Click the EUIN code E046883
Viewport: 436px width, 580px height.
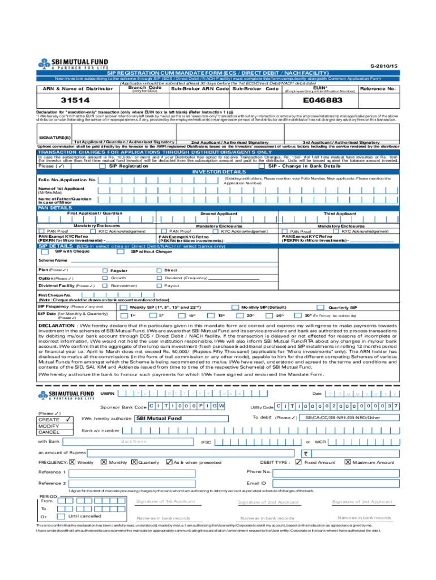323,100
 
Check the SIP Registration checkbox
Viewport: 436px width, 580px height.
102,167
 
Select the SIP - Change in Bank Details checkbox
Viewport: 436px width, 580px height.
262,167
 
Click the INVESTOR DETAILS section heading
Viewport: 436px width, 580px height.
219,172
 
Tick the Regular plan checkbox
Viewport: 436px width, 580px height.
105,271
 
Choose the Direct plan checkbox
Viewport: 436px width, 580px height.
159,271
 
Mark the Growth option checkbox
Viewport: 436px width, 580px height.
105,278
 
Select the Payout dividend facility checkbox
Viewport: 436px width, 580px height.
159,286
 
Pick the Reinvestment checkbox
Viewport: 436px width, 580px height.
105,286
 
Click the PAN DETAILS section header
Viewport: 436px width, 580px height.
50,208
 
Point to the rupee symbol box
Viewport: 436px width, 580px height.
307,453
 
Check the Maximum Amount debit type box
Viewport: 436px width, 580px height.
348,462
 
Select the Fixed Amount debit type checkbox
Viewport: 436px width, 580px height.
300,462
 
